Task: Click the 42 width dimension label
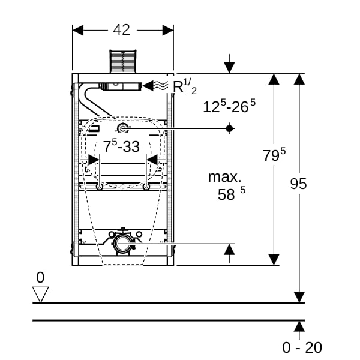[122, 29]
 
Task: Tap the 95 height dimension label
[298, 184]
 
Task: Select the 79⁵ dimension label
[274, 155]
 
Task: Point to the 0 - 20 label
[302, 347]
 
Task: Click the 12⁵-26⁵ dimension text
[229, 106]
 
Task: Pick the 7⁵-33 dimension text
[121, 146]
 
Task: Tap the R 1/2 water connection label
[185, 86]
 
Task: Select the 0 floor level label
[40, 277]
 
